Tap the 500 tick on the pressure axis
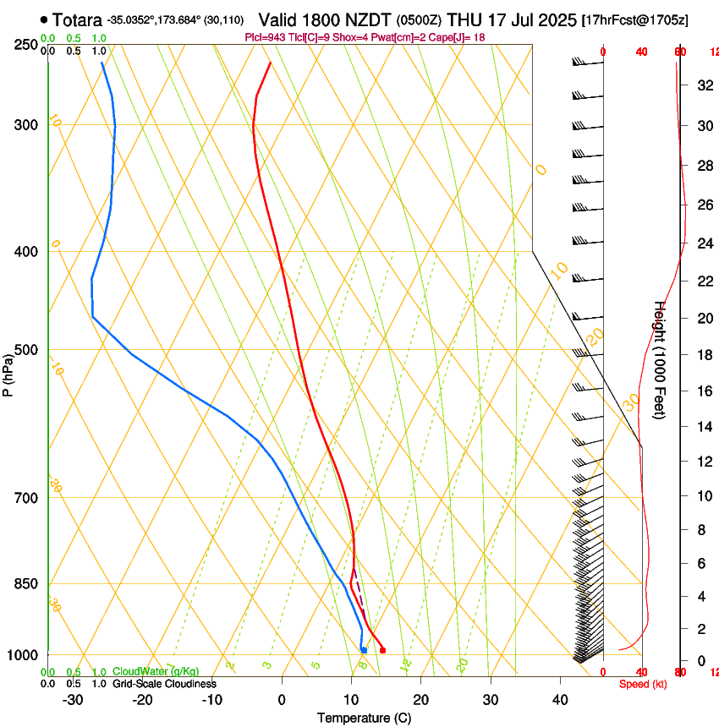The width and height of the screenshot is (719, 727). (x=27, y=350)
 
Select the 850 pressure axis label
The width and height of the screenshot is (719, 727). (x=27, y=583)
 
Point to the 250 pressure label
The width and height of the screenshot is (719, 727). (x=27, y=44)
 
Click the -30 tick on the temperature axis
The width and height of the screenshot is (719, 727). (x=73, y=699)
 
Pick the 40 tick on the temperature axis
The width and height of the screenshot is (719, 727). (x=559, y=699)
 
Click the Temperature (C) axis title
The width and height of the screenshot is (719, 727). (x=364, y=718)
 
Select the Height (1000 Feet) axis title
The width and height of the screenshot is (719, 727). (x=659, y=359)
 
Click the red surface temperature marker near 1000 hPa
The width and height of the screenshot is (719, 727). (x=382, y=650)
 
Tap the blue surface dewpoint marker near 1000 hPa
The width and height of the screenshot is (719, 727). (x=364, y=650)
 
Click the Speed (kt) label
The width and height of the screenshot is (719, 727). (x=642, y=684)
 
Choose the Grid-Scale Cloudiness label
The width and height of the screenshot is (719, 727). (x=163, y=684)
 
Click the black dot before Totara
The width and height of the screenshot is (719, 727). (x=44, y=19)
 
